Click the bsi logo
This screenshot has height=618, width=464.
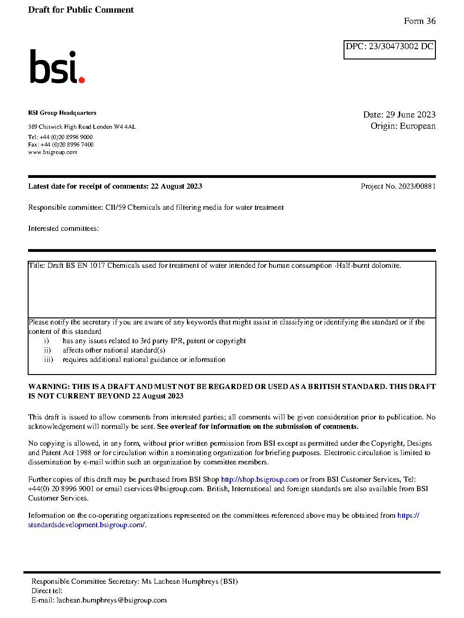[x=57, y=67]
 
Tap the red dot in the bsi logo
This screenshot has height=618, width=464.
[x=82, y=80]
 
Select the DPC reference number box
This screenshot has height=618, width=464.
[x=389, y=50]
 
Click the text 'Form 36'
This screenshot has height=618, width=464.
[x=419, y=21]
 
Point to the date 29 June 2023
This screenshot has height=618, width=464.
[x=411, y=115]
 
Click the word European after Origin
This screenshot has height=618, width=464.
[x=418, y=126]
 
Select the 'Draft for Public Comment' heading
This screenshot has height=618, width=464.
[x=81, y=10]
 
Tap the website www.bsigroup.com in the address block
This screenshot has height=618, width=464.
[x=52, y=152]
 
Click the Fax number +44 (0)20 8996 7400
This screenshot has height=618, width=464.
[x=67, y=145]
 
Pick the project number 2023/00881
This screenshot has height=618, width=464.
[x=417, y=186]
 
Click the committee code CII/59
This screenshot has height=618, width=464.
[x=115, y=207]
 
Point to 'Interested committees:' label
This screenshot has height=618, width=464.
[x=63, y=228]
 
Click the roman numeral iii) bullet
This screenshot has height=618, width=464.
[x=48, y=360]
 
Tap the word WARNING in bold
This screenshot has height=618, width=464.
[x=49, y=387]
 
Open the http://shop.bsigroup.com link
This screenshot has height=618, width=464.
[x=260, y=479]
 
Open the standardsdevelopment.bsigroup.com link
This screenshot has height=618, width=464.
[x=86, y=525]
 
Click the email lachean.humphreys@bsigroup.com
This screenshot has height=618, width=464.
[x=112, y=600]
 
